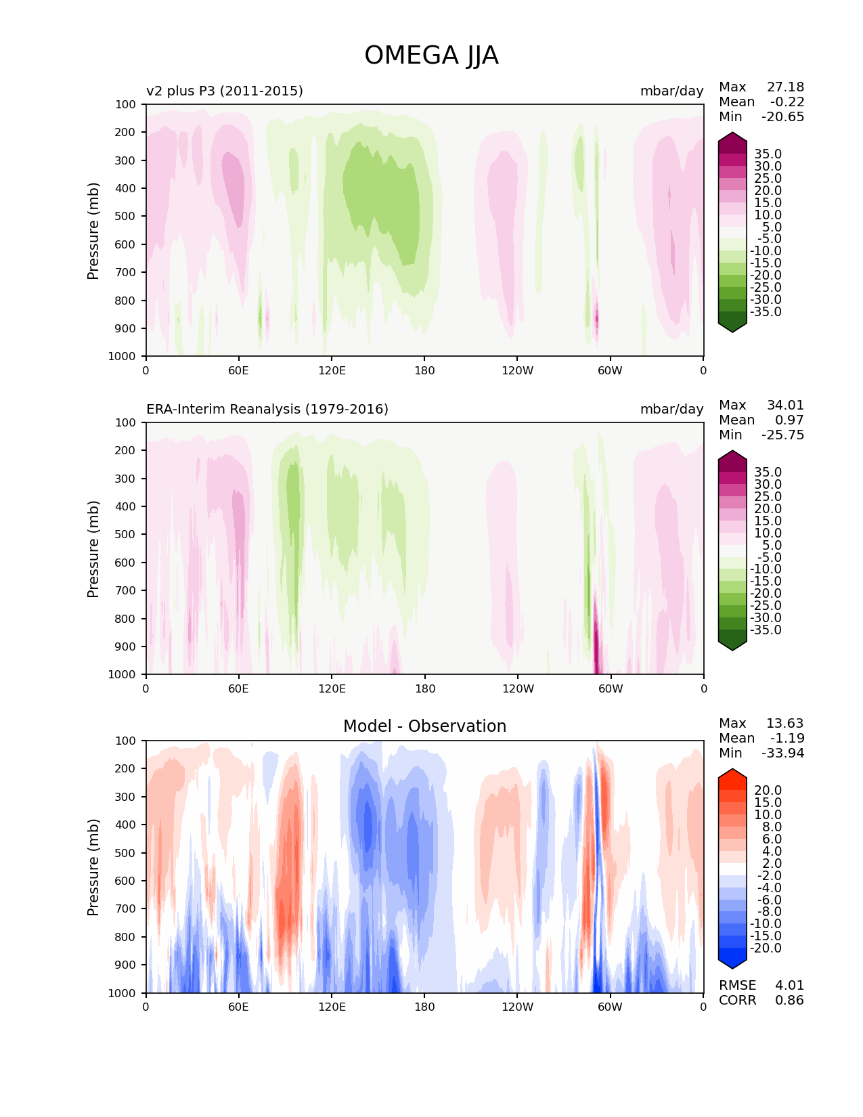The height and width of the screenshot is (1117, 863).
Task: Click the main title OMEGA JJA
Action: point(431,56)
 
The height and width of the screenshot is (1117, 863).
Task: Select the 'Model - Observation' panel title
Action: point(424,726)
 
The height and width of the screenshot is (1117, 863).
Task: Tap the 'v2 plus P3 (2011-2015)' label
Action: point(224,91)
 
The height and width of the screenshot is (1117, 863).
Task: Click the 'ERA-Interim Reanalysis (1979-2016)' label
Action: point(267,409)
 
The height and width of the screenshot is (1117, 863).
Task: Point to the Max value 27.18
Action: point(785,87)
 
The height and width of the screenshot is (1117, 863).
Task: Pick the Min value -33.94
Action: point(782,753)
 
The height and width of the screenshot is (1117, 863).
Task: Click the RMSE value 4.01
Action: point(789,986)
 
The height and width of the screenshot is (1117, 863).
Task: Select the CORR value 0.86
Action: point(789,1001)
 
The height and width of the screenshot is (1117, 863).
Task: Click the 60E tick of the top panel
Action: point(238,370)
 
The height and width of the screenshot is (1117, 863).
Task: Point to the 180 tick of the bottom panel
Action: point(424,1007)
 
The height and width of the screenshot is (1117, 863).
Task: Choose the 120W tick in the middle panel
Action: point(518,688)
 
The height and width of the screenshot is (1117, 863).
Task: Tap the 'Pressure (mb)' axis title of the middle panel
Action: point(93,549)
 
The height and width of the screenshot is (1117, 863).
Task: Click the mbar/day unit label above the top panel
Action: point(671,91)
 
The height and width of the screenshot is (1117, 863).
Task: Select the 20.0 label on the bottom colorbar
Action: point(768,791)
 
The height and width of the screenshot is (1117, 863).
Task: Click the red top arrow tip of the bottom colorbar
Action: point(732,772)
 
